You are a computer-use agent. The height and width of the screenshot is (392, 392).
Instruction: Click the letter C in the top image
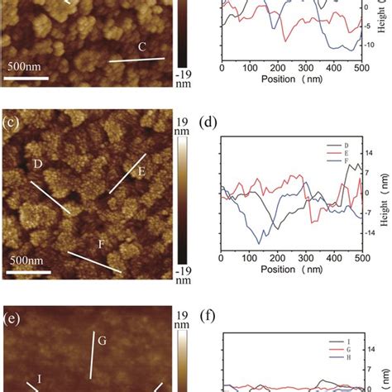point(141,47)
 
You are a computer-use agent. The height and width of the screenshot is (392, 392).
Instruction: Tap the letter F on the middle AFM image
point(103,244)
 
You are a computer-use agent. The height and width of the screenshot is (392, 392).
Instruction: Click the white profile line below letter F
point(94,262)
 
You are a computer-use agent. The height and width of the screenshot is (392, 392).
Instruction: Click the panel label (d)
point(208,126)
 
